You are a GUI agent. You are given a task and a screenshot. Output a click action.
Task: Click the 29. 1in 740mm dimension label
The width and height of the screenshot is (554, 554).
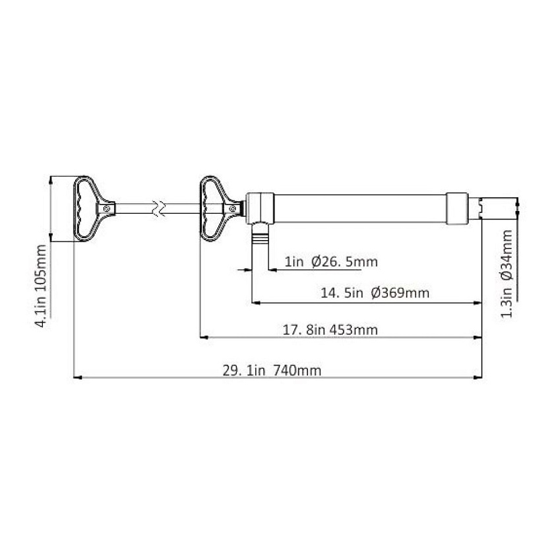[x=272, y=371]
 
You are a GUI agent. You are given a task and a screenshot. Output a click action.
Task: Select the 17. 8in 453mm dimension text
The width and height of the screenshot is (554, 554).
[x=330, y=330]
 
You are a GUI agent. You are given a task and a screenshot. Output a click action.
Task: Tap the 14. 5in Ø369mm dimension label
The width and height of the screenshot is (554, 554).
[x=375, y=293]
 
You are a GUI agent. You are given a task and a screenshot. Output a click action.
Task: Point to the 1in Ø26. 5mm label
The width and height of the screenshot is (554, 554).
[x=331, y=262]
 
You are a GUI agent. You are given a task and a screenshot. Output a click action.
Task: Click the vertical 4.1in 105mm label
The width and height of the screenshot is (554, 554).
[x=42, y=286]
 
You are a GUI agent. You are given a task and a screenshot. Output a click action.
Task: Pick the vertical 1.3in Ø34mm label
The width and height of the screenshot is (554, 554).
[x=507, y=274]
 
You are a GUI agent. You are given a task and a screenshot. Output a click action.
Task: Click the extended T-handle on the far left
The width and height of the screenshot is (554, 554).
[x=94, y=208]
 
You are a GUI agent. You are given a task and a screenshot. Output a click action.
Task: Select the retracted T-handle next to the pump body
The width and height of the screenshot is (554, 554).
[x=222, y=208]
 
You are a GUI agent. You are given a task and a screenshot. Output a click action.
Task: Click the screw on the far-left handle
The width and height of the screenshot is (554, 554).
[x=107, y=208]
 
